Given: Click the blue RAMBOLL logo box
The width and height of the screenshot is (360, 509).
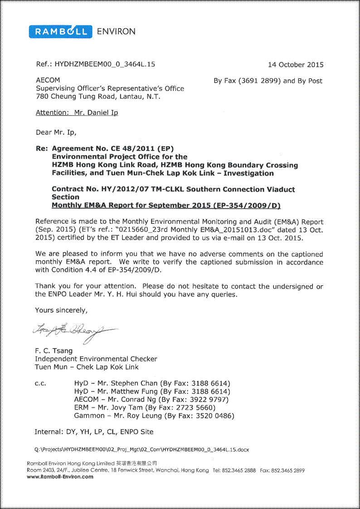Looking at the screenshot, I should pyautogui.click(x=60, y=31).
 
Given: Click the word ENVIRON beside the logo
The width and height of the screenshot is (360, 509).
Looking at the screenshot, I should pyautogui.click(x=116, y=31).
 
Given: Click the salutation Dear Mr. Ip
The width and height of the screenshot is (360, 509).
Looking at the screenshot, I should pyautogui.click(x=56, y=133).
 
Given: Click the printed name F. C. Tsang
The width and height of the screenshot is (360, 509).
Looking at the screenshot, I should pyautogui.click(x=54, y=350).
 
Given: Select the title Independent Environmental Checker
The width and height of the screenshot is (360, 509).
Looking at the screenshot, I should pyautogui.click(x=96, y=359).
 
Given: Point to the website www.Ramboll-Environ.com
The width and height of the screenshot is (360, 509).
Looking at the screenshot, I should pyautogui.click(x=60, y=476).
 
